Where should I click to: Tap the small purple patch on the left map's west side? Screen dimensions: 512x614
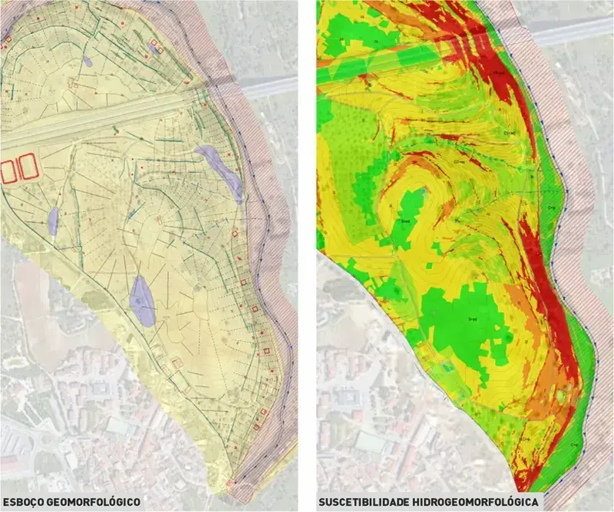click(53, 220)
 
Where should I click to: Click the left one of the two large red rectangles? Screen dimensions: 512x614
click(9, 169)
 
